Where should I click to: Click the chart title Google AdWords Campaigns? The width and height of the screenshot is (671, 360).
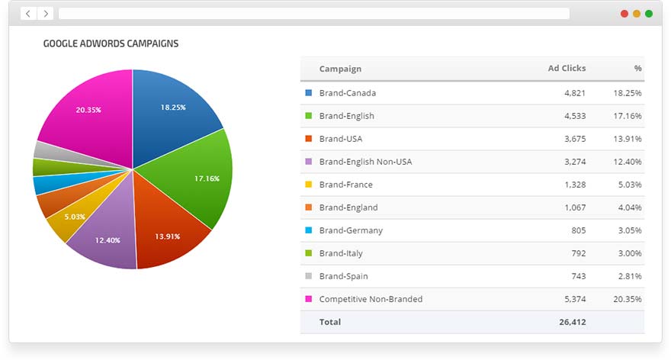111,43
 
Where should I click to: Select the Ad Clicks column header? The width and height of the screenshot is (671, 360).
567,69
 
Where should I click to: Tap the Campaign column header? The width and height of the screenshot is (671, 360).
340,69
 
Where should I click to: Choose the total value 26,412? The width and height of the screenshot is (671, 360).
571,322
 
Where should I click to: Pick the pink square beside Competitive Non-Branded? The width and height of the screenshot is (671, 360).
308,299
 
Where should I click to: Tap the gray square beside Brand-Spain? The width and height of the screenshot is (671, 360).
308,276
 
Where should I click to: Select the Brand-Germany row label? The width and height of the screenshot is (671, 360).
351,230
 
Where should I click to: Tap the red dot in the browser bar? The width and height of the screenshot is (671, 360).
624,14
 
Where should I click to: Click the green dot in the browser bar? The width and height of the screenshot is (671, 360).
649,14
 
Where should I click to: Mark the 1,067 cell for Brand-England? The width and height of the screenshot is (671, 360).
574,207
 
